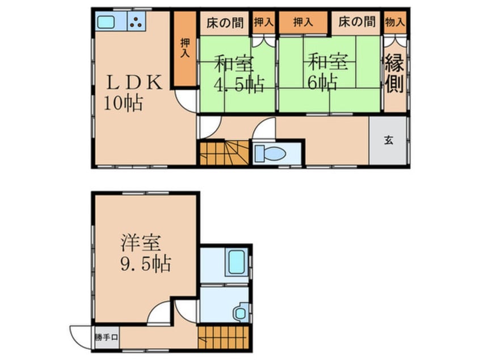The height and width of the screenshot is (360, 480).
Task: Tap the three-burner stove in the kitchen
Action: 137,22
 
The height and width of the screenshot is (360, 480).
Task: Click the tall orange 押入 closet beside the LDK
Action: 184,50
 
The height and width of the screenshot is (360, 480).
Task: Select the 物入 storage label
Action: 394,22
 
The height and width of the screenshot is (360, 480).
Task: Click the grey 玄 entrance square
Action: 388,141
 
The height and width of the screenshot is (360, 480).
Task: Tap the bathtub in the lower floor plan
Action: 235,262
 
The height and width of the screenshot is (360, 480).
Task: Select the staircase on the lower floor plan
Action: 224,337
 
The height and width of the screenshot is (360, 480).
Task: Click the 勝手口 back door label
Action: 106,337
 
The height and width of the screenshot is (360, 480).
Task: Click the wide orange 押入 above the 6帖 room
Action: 303,23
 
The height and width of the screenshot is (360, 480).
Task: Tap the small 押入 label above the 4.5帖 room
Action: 262,23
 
